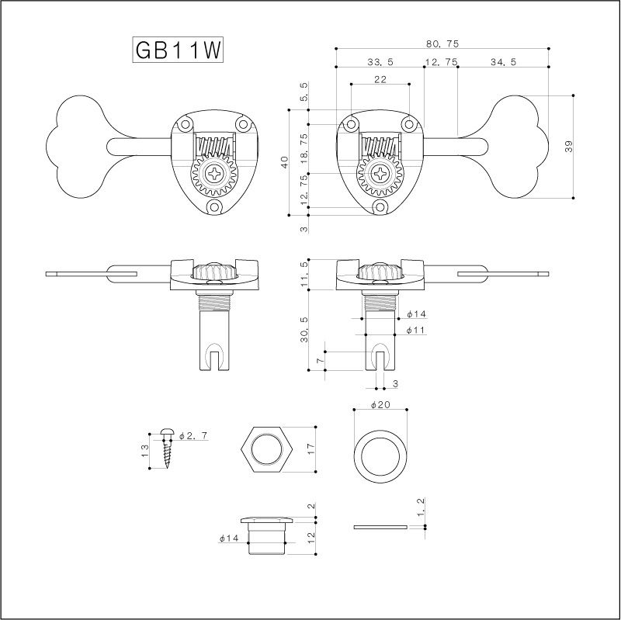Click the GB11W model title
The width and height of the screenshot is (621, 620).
coord(178,50)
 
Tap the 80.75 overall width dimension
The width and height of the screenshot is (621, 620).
coord(442,44)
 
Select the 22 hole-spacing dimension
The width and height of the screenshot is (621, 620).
coord(380,79)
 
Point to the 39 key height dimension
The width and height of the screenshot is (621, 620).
coord(569,147)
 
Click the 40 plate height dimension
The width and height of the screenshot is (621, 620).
coord(285,162)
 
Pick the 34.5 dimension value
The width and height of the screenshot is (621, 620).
coord(503,62)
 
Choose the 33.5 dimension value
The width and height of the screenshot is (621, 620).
coord(380,62)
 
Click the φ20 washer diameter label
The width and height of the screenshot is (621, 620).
coord(380,404)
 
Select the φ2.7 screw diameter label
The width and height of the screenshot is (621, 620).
coord(193,436)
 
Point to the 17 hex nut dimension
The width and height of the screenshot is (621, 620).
coord(310,449)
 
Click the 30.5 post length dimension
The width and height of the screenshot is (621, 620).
coord(304,330)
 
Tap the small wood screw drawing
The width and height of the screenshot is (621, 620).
coord(168,448)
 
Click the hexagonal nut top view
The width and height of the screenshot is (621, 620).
coord(266,449)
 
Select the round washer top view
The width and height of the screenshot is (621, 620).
coord(380,455)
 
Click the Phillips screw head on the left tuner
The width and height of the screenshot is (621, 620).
coord(215,173)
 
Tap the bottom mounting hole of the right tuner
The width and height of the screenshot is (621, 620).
coord(380,206)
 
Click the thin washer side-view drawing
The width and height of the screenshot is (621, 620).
coord(380,527)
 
